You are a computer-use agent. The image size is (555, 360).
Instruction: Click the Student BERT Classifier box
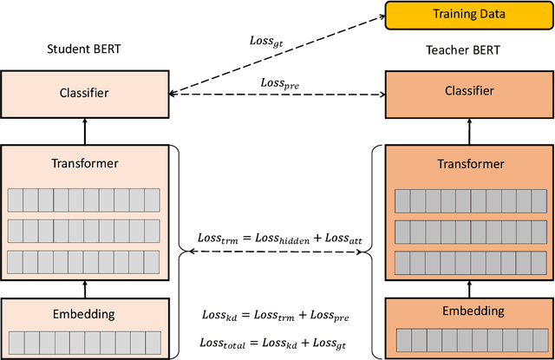(x=84, y=90)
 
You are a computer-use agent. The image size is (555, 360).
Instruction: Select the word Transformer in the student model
(x=84, y=162)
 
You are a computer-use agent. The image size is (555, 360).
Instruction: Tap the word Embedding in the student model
(x=84, y=314)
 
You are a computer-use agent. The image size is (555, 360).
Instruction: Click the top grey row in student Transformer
(x=84, y=200)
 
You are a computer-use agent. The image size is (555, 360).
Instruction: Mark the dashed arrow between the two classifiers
(x=277, y=94)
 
